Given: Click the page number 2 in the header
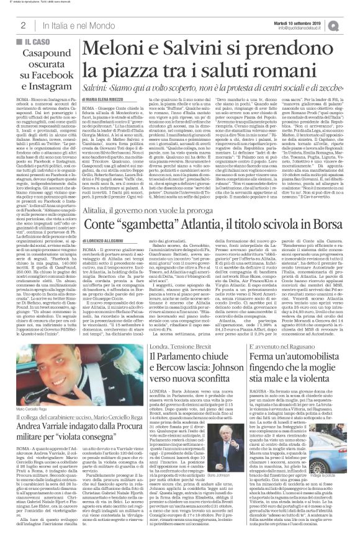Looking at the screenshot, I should [22, 24].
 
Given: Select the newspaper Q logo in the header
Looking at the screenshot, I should [351, 24].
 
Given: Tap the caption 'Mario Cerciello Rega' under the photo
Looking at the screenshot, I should [32, 393].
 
